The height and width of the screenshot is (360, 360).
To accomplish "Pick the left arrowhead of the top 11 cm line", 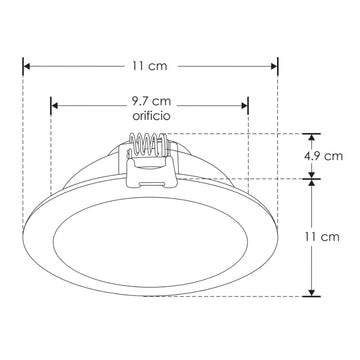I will pyautogui.click(x=27, y=65).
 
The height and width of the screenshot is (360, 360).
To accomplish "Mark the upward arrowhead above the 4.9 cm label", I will pyautogui.click(x=312, y=138).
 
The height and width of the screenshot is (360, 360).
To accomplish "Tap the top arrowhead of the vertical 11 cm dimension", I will pyautogui.click(x=312, y=184).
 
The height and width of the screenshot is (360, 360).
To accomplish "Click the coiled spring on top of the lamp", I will pyautogui.click(x=149, y=147).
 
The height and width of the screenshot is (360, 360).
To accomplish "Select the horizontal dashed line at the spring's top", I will pyautogui.click(x=230, y=133).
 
